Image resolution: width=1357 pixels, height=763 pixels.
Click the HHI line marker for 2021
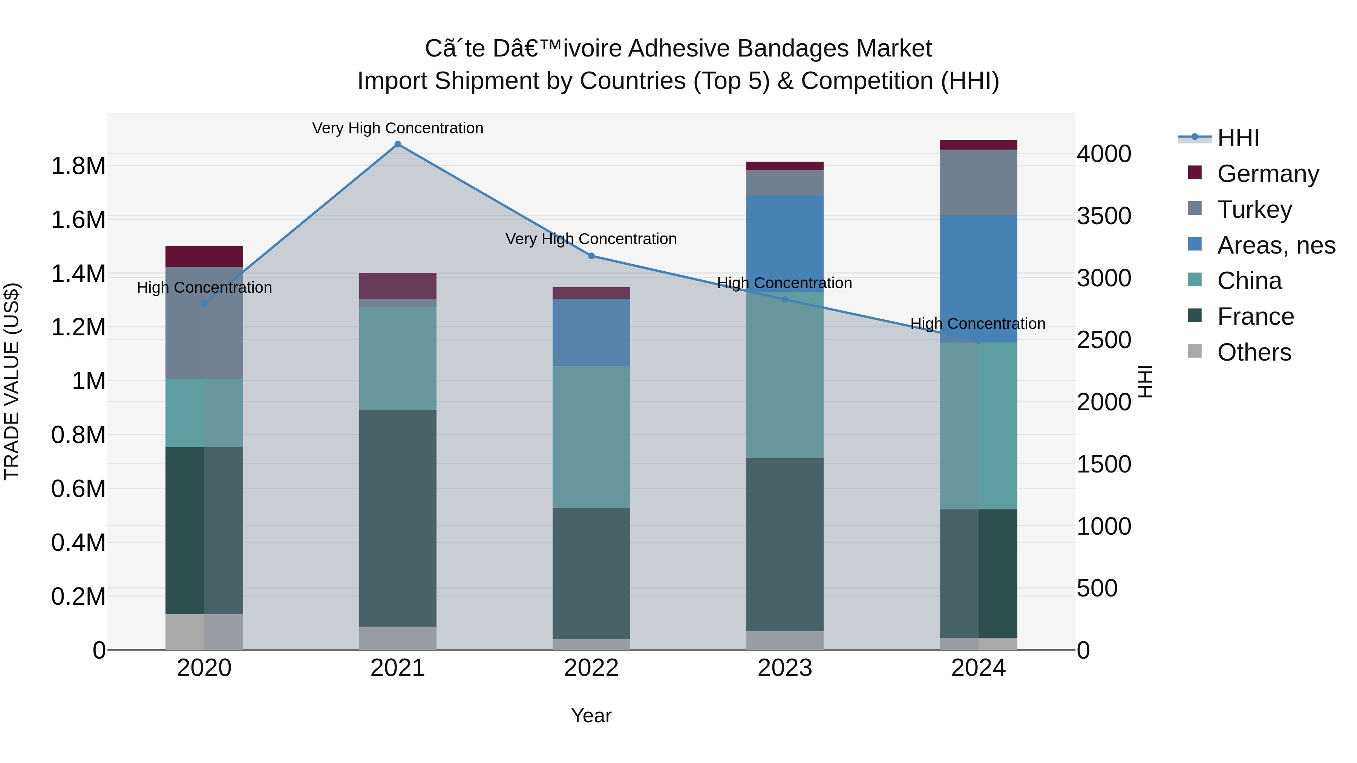[398, 144]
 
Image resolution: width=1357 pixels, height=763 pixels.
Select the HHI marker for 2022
[591, 256]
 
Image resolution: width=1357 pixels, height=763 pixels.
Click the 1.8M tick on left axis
[78, 166]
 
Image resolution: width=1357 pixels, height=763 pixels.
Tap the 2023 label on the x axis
[784, 668]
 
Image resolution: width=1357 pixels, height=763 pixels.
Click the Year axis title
[591, 716]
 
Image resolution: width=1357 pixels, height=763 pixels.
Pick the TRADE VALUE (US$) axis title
[12, 381]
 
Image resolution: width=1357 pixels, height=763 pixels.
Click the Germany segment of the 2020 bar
[204, 257]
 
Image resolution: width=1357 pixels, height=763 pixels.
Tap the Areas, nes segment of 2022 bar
[591, 332]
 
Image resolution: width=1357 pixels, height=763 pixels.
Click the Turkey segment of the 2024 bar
[978, 182]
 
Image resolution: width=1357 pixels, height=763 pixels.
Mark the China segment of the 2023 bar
[784, 375]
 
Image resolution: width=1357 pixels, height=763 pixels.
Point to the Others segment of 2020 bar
[204, 632]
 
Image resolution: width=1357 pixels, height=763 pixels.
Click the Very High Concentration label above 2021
[398, 128]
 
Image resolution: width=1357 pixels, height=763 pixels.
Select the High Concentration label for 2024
[978, 323]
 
